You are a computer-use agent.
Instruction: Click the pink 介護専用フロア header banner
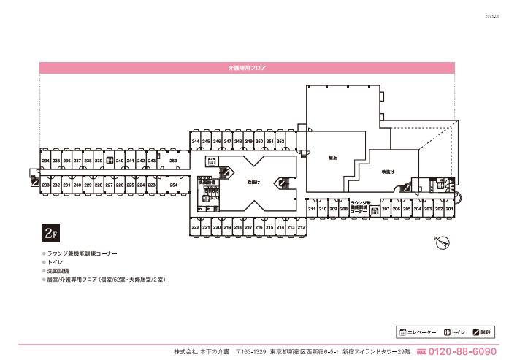coord(247,67)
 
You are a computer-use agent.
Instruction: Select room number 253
coord(173,161)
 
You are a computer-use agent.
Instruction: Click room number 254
coord(173,185)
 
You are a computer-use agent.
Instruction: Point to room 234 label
coord(45,161)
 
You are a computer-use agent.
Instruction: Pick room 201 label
coord(450,210)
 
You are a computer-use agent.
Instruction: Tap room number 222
coord(196,228)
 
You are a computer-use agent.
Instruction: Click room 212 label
coord(301,228)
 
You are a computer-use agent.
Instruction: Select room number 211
coord(312,210)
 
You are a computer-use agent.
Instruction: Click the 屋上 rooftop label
coord(332,157)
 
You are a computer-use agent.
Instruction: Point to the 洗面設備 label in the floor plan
coord(207,183)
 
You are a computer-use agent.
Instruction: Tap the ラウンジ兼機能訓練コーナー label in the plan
coord(360,207)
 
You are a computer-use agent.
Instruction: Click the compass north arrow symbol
coord(441,242)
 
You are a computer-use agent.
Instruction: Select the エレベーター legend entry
coord(418,332)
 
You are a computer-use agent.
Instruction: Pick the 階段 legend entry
coord(481,332)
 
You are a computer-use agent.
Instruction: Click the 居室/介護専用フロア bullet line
coord(104,279)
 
